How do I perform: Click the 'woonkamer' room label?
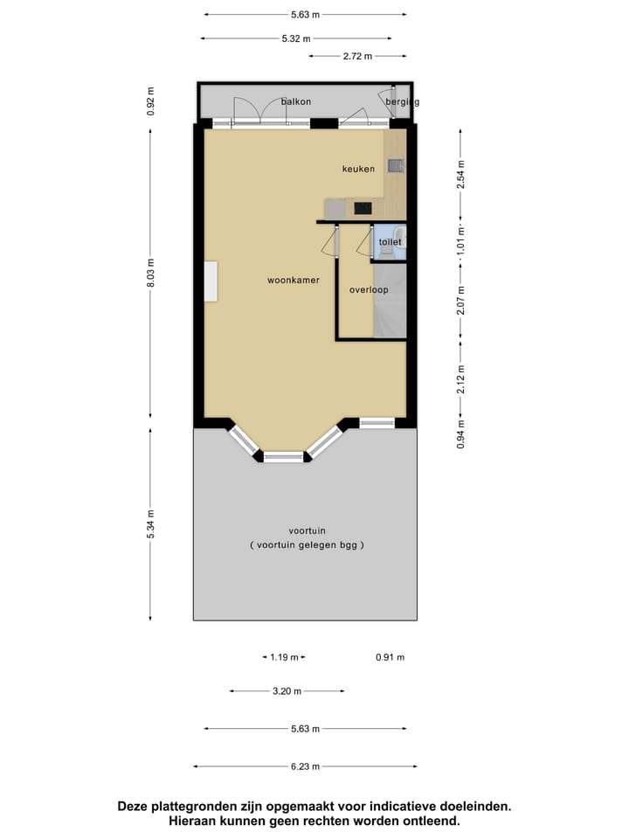[x=293, y=281]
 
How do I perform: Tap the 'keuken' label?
[x=358, y=169]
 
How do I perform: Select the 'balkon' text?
[x=296, y=102]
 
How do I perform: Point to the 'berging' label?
[x=403, y=102]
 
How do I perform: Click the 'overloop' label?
[x=369, y=289]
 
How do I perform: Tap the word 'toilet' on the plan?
[x=390, y=241]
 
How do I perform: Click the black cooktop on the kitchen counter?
[x=363, y=209]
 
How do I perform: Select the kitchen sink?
[x=396, y=164]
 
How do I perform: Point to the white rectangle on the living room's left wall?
[x=211, y=281]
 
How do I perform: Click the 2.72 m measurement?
[x=356, y=56]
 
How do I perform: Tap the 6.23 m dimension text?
[x=305, y=766]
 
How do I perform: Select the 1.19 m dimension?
[x=284, y=657]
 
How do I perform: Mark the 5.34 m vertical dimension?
[x=150, y=524]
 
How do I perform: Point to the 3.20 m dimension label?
[x=287, y=690]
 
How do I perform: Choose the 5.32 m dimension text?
[x=295, y=38]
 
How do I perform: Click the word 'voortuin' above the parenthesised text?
[x=306, y=530]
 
